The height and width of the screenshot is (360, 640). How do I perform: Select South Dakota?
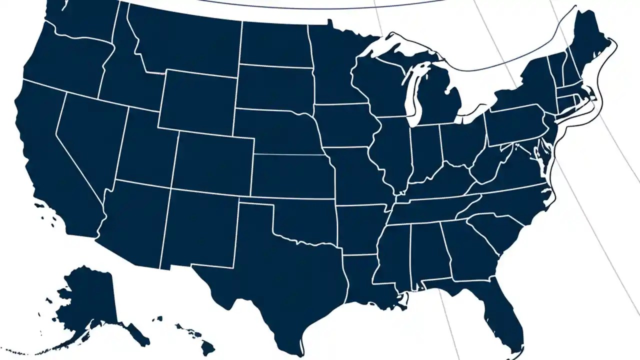tap(275, 87)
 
